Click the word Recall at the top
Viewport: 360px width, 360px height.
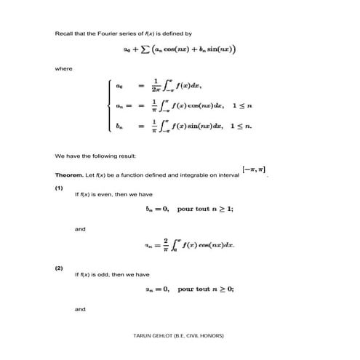pos(63,34)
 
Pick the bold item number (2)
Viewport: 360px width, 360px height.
pos(59,269)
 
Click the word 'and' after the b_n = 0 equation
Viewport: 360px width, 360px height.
pos(80,229)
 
